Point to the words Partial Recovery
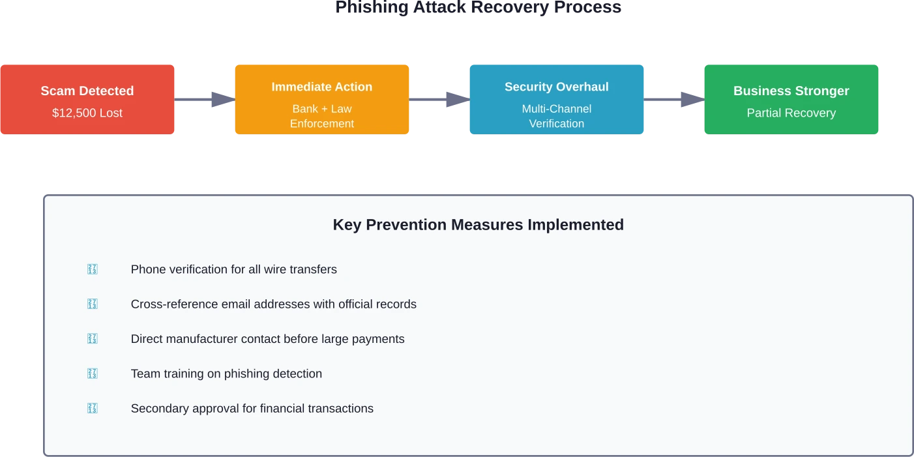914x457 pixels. pos(791,113)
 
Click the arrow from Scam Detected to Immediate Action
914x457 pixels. pos(216,98)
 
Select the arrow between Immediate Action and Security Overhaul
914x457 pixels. pos(451,98)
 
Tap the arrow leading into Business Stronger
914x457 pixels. pos(686,98)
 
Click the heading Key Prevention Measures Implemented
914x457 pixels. pos(478,225)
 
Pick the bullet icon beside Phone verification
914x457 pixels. pos(92,269)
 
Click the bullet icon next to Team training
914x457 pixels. pos(92,374)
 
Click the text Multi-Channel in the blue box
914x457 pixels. pos(556,109)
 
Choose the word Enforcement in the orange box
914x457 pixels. pos(322,123)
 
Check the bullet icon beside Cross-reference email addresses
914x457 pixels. pos(92,304)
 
